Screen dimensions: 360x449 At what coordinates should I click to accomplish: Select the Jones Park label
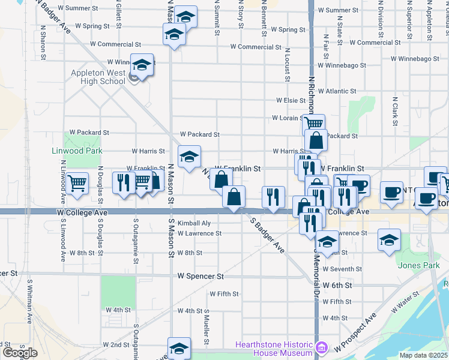click(x=414, y=265)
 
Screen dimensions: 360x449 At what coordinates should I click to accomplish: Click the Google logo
click(x=20, y=353)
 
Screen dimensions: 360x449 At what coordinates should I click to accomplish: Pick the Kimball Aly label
click(x=193, y=223)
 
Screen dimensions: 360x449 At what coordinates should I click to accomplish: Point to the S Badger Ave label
click(x=267, y=235)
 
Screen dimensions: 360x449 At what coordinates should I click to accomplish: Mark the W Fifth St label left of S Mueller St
click(x=224, y=294)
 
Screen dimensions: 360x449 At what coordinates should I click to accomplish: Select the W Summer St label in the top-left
click(x=79, y=8)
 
